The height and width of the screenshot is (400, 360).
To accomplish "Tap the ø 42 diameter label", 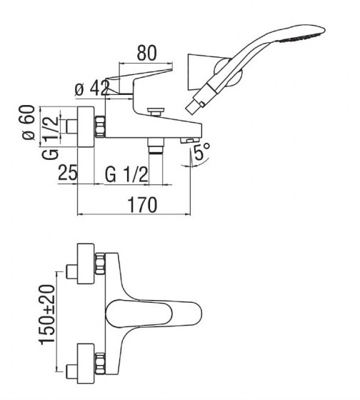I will pyautogui.click(x=91, y=89).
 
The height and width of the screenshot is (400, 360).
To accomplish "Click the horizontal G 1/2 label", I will pyautogui.click(x=126, y=173).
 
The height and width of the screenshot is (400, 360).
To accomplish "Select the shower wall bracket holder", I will pyautogui.click(x=201, y=75).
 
